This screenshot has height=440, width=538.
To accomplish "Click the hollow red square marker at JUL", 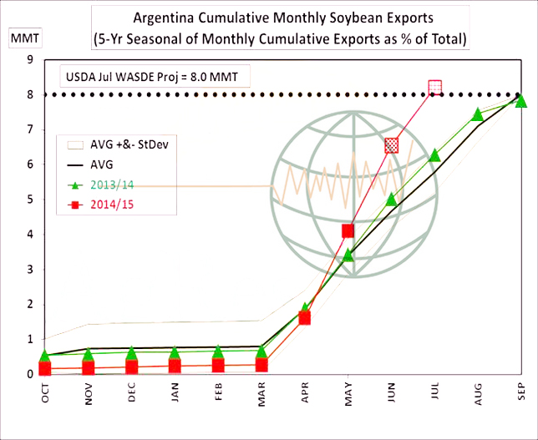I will [434, 87].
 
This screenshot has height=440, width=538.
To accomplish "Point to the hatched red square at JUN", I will [391, 145].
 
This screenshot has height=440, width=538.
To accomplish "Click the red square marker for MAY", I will [348, 230].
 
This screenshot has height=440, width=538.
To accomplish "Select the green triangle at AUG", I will [477, 114].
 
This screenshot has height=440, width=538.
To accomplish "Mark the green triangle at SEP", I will [520, 101].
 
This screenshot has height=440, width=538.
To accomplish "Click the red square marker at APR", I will [305, 317].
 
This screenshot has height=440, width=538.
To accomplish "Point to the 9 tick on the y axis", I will [29, 59].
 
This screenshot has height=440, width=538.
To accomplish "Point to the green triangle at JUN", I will [391, 199].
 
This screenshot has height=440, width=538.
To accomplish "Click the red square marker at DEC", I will [132, 367].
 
